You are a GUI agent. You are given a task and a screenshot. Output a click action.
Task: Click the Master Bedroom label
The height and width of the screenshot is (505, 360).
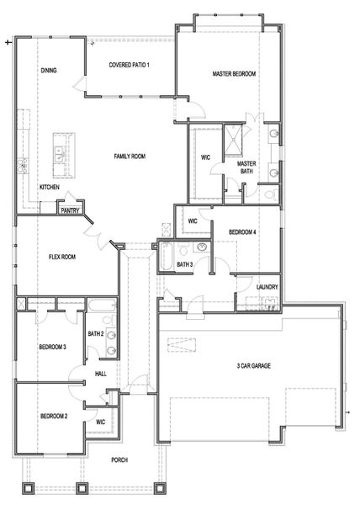(234, 74)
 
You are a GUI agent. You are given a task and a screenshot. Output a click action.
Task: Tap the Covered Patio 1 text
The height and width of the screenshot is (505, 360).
(130, 65)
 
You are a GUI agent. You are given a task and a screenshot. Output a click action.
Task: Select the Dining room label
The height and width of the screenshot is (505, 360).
(49, 71)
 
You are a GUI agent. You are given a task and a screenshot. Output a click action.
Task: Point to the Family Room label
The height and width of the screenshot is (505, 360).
(130, 157)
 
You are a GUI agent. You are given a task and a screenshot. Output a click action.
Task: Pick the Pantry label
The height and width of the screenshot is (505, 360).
(71, 211)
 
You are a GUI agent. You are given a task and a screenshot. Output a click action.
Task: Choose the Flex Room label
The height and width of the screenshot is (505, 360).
(62, 257)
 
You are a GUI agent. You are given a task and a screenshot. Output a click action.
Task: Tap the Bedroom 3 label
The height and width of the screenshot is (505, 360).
(52, 347)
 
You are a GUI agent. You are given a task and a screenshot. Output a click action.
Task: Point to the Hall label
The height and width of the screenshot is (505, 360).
(100, 373)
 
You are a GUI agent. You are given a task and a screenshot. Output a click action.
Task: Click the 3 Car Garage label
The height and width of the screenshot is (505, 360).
(254, 366)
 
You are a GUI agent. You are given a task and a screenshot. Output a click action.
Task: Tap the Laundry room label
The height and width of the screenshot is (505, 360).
(267, 287)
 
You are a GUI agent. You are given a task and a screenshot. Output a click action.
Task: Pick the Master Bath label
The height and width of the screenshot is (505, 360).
(246, 167)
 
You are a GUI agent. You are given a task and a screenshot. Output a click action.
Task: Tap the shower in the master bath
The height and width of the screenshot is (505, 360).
(232, 141)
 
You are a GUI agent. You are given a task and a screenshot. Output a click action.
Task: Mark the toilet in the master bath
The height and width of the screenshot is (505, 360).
(269, 194)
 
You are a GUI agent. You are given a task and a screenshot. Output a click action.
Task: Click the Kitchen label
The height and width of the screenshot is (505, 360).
(49, 187)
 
